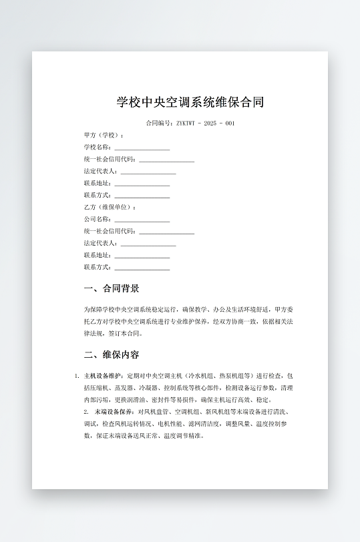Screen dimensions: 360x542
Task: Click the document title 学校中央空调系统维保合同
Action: (190, 102)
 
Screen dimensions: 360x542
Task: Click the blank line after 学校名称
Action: (142, 148)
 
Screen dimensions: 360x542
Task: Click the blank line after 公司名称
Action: (142, 220)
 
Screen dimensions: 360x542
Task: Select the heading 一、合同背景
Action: (112, 289)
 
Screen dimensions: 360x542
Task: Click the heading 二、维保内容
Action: (112, 354)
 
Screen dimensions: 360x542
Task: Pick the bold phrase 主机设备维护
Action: (104, 376)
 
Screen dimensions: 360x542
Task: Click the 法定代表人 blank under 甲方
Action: (148, 172)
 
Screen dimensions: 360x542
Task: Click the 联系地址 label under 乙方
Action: (98, 256)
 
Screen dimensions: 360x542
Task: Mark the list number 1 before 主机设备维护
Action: (77, 376)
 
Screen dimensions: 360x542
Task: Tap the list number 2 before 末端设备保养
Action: (86, 412)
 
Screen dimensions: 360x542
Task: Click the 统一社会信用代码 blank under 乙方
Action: (166, 232)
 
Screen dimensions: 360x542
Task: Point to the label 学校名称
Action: (98, 148)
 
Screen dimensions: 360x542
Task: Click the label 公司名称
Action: (98, 220)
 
